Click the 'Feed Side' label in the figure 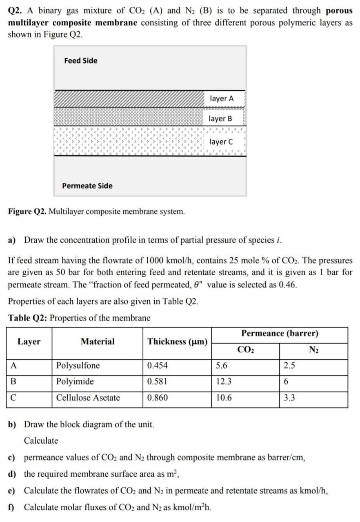click(x=81, y=61)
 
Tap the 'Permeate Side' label click(x=87, y=186)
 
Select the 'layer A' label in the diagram click(x=222, y=99)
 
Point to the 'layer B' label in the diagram click(x=220, y=119)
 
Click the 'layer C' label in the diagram click(x=221, y=142)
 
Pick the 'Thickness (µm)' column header click(x=178, y=342)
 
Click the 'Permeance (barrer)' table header click(x=280, y=334)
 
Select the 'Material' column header click(x=98, y=342)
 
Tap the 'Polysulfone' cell click(x=78, y=365)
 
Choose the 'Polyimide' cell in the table click(x=75, y=382)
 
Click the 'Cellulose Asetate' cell click(x=88, y=398)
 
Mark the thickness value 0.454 click(x=157, y=365)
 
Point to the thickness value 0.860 click(x=157, y=398)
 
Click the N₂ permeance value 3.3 click(x=289, y=398)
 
